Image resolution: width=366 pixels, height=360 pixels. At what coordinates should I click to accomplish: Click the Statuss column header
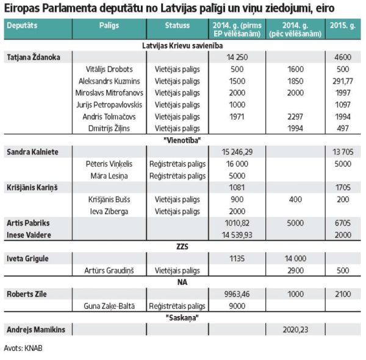coord(177,25)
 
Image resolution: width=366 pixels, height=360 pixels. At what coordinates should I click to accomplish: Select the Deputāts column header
coord(22,25)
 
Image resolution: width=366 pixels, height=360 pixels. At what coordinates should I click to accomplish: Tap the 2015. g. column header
coord(343,25)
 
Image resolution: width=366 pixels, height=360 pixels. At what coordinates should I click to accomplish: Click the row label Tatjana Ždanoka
coord(34,57)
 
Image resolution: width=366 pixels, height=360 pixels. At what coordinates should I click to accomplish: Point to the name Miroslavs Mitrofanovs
coord(109,93)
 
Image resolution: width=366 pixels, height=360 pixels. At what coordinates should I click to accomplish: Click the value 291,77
coord(343,81)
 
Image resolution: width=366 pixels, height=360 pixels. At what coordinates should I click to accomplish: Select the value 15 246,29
coord(237,152)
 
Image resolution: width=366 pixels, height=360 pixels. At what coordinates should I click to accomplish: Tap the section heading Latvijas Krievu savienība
coord(182,46)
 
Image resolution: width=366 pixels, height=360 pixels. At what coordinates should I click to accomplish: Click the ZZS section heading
coord(182,247)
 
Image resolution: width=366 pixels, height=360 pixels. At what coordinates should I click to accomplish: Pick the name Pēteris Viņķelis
coord(109,164)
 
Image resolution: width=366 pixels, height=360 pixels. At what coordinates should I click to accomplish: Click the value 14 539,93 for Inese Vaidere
coord(237,235)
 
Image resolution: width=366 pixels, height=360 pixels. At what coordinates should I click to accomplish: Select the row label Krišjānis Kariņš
coord(32,188)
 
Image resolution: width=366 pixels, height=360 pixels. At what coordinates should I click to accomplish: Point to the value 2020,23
coord(295,329)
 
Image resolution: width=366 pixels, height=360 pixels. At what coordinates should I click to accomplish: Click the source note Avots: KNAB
coord(23,348)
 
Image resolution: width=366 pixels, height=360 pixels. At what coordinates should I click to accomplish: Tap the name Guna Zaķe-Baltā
coord(109,306)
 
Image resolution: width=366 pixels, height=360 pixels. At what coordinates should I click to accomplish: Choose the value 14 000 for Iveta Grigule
coord(295,259)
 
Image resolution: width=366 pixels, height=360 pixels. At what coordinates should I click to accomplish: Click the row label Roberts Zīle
coord(27,294)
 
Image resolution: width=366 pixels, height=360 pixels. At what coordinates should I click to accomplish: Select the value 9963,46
coord(237,294)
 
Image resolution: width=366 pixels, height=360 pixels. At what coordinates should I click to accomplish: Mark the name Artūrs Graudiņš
coord(109,270)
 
